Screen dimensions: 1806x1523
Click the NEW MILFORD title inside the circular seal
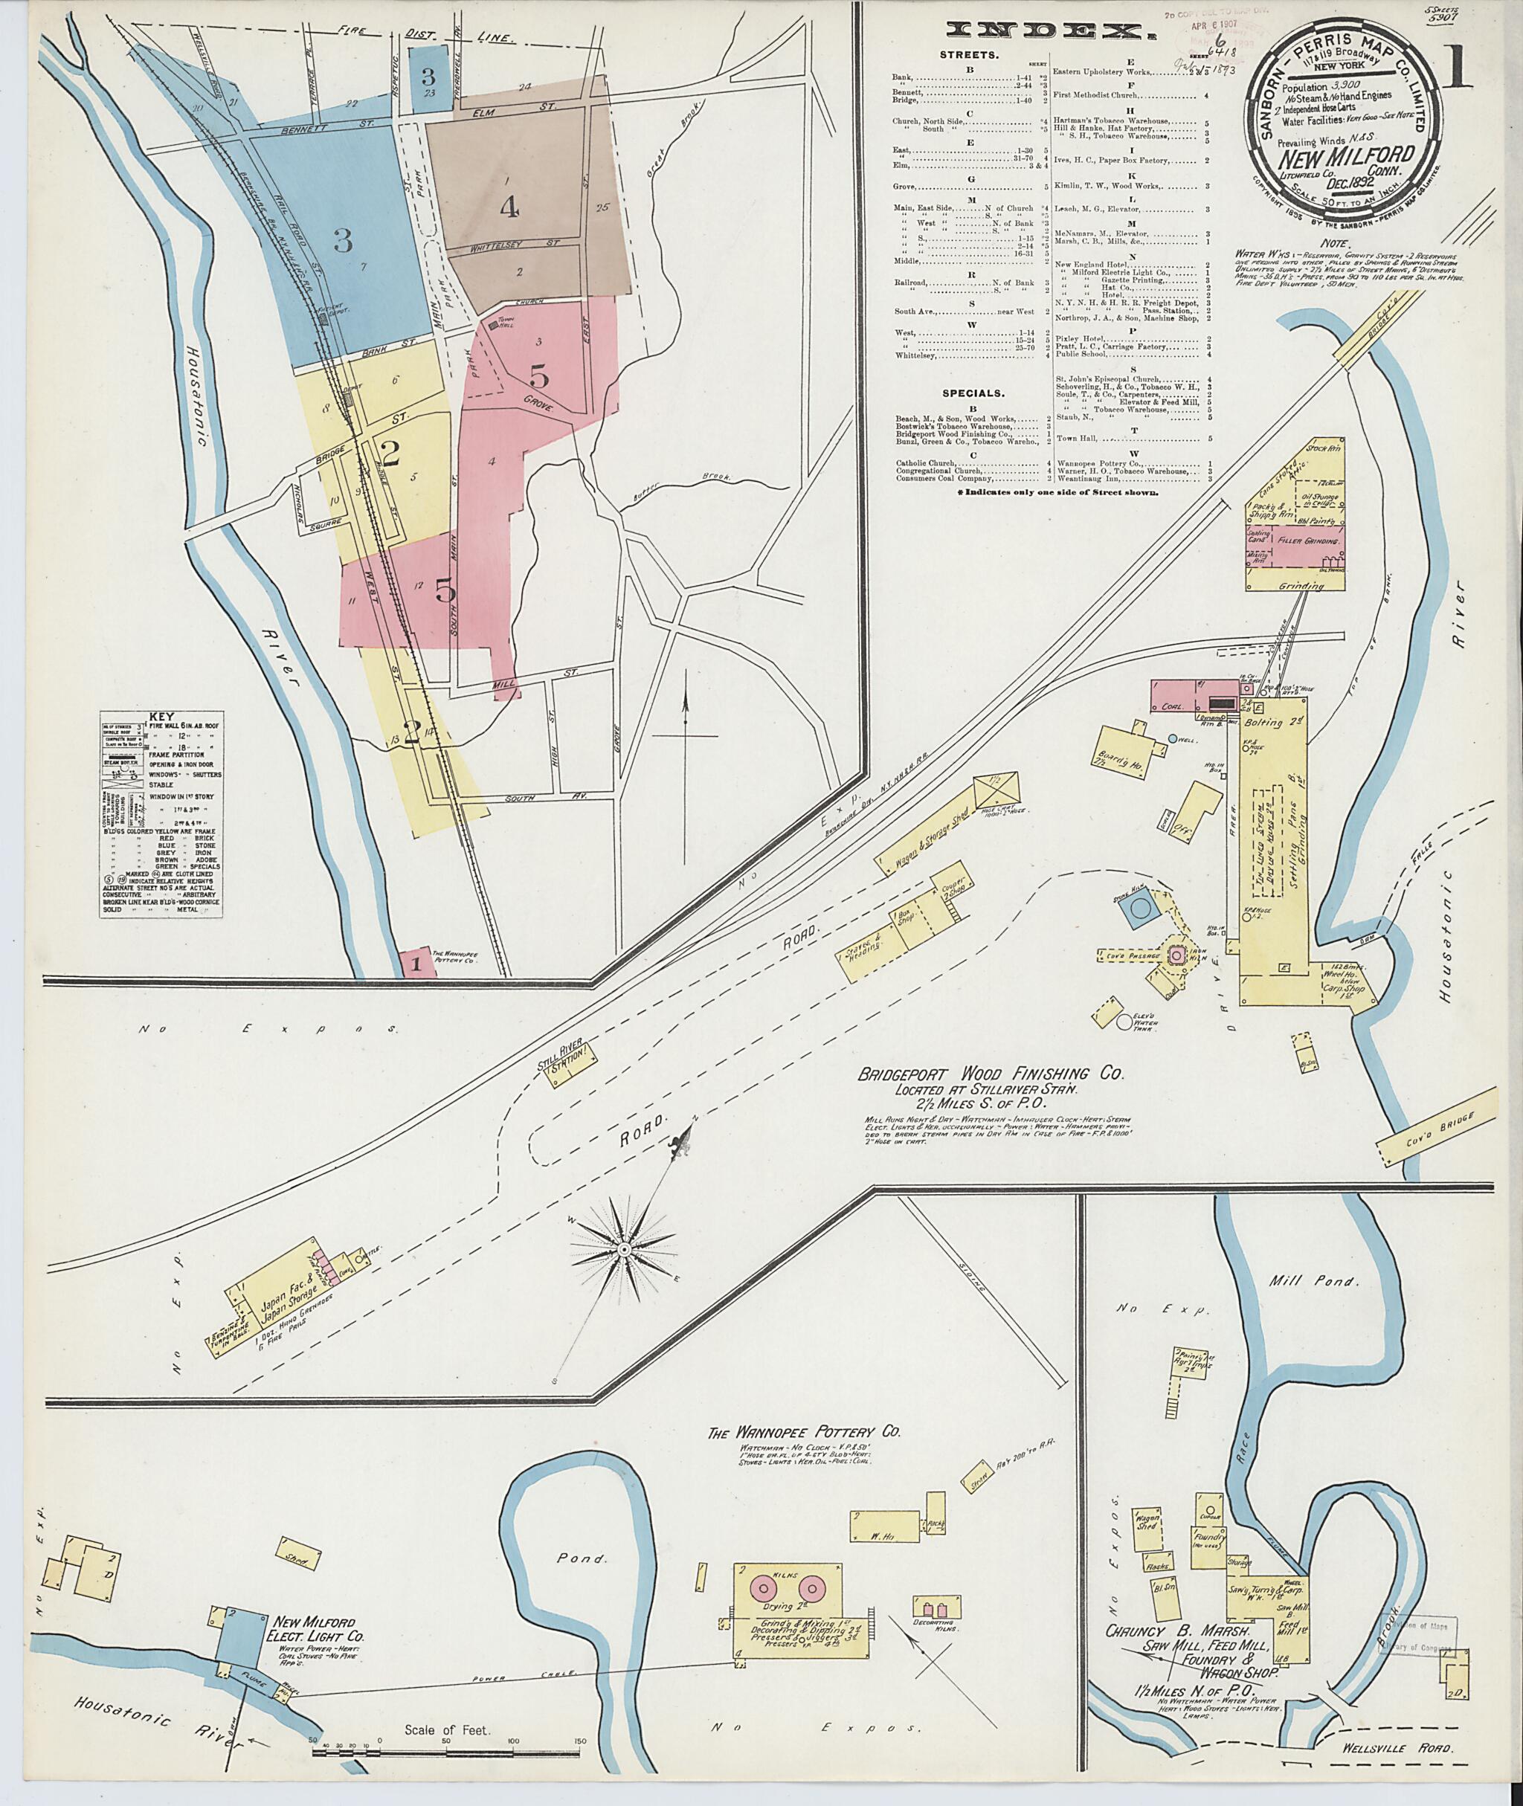pos(1345,157)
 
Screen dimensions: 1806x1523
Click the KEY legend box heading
pos(161,717)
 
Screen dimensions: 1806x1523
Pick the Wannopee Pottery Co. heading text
pos(803,1431)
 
